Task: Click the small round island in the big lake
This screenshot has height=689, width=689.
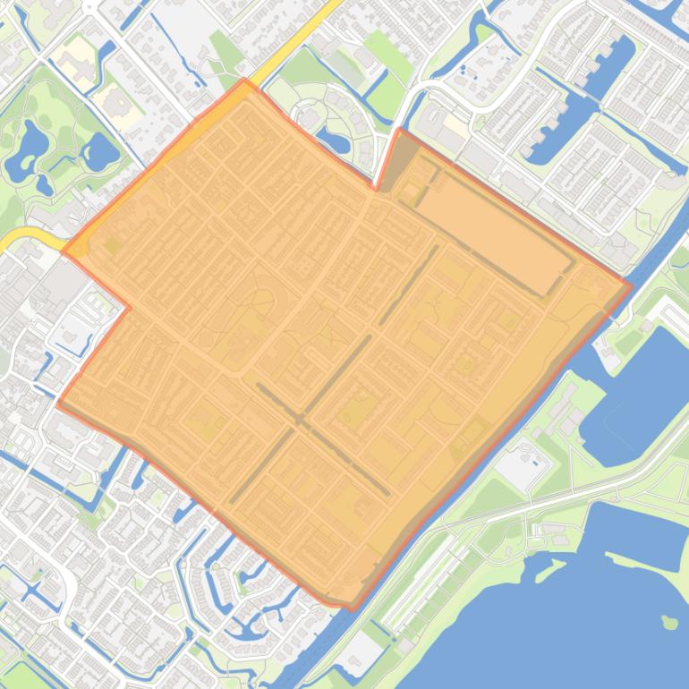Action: tap(668, 622)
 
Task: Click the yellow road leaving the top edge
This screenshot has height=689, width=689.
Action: tap(309, 27)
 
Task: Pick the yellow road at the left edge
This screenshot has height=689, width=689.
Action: tap(22, 240)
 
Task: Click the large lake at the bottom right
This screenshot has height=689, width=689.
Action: tap(573, 608)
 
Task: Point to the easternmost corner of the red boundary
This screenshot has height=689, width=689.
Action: tap(631, 287)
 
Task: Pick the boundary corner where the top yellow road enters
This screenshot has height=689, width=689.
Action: tap(245, 81)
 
